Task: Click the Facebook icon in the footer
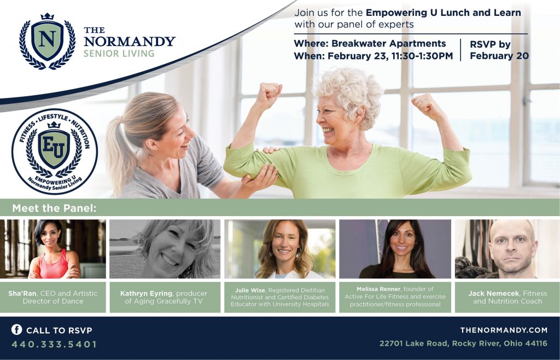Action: click(x=16, y=329)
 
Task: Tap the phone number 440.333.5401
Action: click(x=54, y=344)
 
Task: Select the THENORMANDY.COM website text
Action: click(x=504, y=330)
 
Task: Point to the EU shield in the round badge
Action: click(x=54, y=148)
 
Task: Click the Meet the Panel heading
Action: click(x=54, y=208)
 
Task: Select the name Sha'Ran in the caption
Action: click(x=22, y=293)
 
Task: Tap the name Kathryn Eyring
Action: click(x=147, y=293)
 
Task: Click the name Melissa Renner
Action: click(x=378, y=289)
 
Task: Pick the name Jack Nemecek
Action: click(x=494, y=293)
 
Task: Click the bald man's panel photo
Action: click(x=507, y=249)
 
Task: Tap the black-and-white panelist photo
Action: click(x=165, y=249)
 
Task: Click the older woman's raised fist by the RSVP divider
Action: click(x=427, y=106)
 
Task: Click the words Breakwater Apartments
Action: click(x=389, y=43)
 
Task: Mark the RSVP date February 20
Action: click(x=499, y=56)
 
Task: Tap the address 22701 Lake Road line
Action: click(x=463, y=344)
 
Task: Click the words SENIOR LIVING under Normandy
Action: click(x=119, y=54)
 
